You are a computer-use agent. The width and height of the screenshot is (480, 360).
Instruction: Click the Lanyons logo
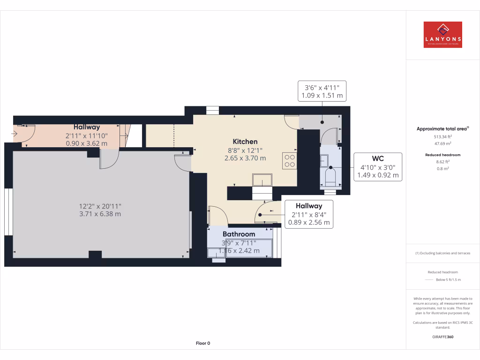pyautogui.click(x=442, y=35)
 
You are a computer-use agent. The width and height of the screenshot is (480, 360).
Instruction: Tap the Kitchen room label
pyautogui.click(x=245, y=142)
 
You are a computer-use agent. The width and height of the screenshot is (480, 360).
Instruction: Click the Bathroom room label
pyautogui.click(x=239, y=234)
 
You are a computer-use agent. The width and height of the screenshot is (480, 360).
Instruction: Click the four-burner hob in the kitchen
pyautogui.click(x=290, y=161)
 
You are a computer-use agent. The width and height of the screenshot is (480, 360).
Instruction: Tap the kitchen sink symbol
pyautogui.click(x=262, y=180)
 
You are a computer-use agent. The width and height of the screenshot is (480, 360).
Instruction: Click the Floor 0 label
pyautogui.click(x=202, y=343)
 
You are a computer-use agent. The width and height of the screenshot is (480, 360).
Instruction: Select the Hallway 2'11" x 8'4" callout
pyautogui.click(x=308, y=214)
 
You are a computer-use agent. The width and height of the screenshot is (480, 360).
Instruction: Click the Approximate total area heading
pyautogui.click(x=442, y=129)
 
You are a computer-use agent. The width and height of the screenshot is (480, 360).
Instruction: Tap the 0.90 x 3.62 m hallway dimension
pyautogui.click(x=86, y=143)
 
